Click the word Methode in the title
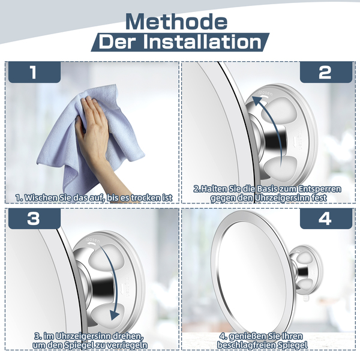[176, 22]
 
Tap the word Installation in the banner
[203, 42]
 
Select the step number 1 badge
[34, 72]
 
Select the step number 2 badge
[326, 72]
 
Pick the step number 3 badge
[34, 218]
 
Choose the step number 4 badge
[326, 218]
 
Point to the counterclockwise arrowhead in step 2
[257, 100]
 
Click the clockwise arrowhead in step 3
[115, 314]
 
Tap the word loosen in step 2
[266, 93]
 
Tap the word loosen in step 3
[93, 239]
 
